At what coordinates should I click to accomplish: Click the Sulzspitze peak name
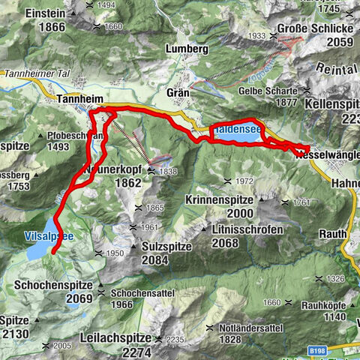point(166,246)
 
